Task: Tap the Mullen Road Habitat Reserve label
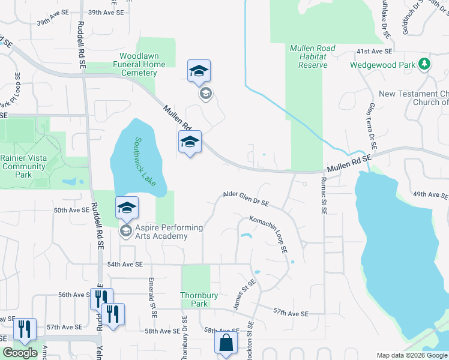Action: (x=309, y=56)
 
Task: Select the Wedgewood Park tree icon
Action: (x=425, y=63)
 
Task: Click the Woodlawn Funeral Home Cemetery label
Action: (x=139, y=64)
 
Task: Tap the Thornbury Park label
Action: (x=195, y=299)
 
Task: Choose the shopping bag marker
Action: (x=226, y=344)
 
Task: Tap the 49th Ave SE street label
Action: (x=430, y=195)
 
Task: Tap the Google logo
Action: (x=20, y=353)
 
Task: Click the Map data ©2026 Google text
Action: (x=411, y=355)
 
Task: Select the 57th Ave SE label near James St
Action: (x=290, y=313)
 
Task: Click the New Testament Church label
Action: (x=414, y=94)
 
